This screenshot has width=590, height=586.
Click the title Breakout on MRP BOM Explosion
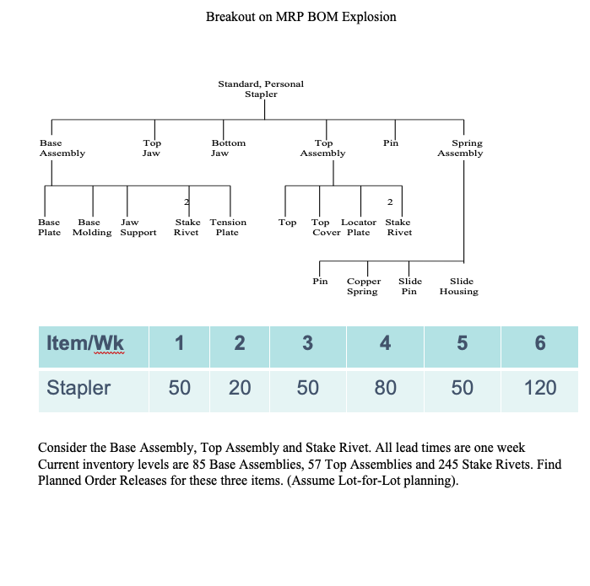pos(300,17)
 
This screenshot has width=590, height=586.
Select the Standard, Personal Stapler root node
pos(261,89)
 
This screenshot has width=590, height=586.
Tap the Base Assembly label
pos(62,148)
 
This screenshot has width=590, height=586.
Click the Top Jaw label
pos(151,148)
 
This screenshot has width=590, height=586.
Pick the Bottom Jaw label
pos(228,148)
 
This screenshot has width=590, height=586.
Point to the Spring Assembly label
pos(460,148)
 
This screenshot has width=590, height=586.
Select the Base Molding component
pos(92,228)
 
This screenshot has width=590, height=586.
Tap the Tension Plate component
pos(228,228)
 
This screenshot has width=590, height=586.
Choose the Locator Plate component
pos(359,228)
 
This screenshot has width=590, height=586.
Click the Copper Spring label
pos(364,287)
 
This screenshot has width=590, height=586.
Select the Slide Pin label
pos(410,287)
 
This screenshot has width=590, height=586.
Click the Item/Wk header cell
pos(85,344)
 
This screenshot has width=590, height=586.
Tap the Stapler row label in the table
pos(78,388)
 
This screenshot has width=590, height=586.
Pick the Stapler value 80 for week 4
pos(385,388)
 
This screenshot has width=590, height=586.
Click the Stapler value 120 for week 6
pos(540,388)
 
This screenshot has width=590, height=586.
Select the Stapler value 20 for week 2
pos(240,388)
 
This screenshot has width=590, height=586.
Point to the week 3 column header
pos(307,344)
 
